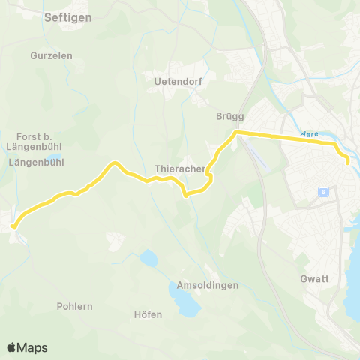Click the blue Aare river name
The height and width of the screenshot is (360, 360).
tap(308, 134)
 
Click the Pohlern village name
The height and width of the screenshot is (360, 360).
tap(74, 306)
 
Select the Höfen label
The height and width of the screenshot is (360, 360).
tap(148, 314)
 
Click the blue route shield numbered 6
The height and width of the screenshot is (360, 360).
tap(323, 191)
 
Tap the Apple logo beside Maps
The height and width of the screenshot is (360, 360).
tap(12, 347)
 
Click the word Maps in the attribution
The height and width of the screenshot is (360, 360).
tap(32, 347)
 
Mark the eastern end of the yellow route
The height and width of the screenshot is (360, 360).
tap(348, 160)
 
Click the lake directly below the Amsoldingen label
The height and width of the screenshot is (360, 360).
tap(188, 303)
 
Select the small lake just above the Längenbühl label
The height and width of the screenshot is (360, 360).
tap(56, 151)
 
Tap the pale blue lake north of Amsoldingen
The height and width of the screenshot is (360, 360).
tap(148, 259)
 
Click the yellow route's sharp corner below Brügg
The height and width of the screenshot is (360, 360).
tap(237, 133)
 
